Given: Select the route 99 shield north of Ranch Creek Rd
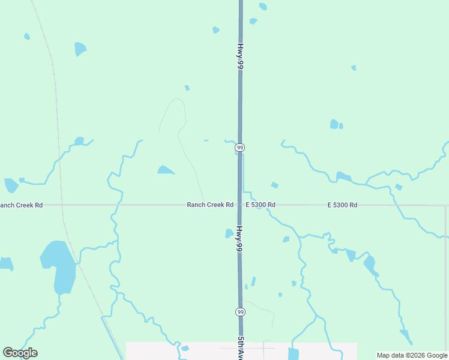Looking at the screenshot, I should (x=240, y=148).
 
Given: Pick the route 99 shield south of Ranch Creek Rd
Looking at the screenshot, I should (x=240, y=312).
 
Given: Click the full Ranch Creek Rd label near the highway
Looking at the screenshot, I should (x=210, y=205).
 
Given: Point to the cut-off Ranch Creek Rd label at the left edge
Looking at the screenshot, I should (x=22, y=205).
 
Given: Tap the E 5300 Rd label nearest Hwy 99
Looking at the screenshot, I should (x=261, y=205).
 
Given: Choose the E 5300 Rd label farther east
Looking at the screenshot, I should (x=342, y=205).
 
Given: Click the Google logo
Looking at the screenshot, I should (x=20, y=353).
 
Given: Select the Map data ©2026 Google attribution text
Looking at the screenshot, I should (x=412, y=355).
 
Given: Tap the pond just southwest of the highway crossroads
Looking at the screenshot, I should (x=229, y=233).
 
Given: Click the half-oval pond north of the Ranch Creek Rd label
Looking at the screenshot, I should (x=166, y=170).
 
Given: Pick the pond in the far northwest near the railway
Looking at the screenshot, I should (x=80, y=49).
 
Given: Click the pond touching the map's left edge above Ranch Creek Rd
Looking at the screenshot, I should (x=10, y=185).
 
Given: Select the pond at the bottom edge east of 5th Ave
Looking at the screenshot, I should (x=294, y=354).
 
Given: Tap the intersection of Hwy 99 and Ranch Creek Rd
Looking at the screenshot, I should (x=240, y=205).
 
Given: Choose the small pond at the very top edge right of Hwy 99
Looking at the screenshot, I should (x=263, y=7).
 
